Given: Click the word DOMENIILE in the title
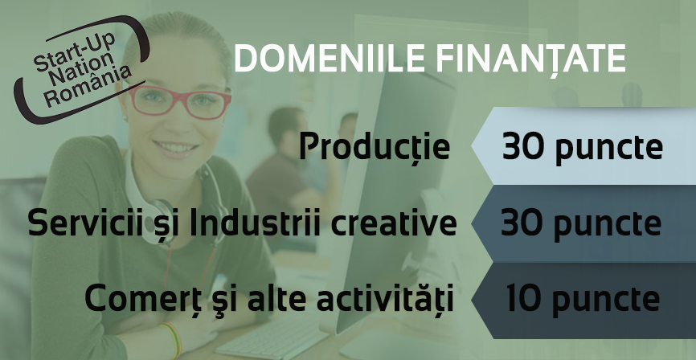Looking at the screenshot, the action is point(330,59).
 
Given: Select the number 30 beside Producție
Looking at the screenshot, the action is point(523,147).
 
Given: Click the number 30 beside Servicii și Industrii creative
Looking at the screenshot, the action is point(522,223).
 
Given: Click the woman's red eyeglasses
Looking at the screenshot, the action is point(179,103).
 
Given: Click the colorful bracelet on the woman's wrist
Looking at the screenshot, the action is point(172,341).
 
